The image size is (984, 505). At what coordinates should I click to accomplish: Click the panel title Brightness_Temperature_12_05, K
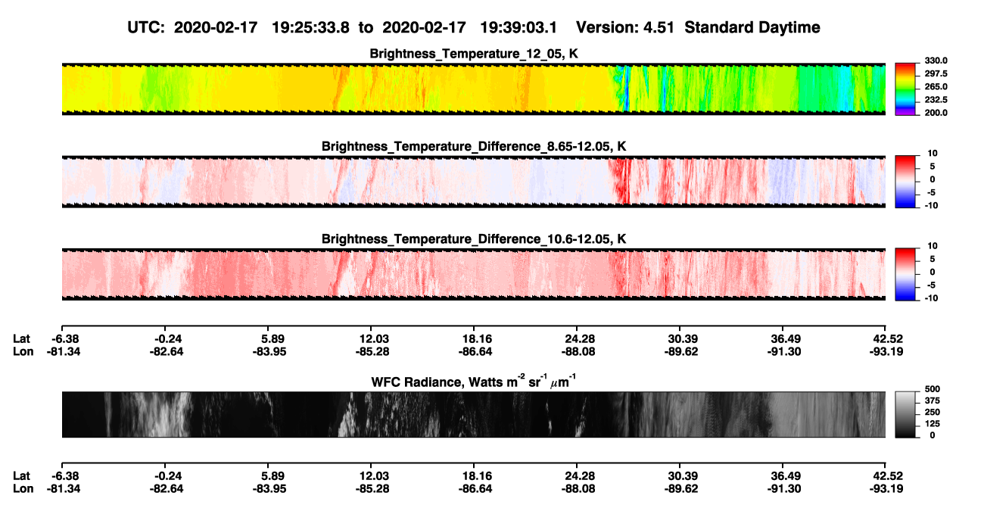(474, 54)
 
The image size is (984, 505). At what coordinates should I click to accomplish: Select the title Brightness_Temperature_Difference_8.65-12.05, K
(474, 146)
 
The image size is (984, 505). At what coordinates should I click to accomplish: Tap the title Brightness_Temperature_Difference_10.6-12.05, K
(474, 239)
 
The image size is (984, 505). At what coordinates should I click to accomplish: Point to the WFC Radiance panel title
(474, 381)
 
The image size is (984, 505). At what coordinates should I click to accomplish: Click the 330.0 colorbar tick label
(936, 61)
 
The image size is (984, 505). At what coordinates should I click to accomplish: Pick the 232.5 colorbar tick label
(936, 100)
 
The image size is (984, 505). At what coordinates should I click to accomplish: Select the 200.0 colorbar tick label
(936, 113)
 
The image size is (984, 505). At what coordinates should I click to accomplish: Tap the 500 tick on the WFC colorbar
(933, 389)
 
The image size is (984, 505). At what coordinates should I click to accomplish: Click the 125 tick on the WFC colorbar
(933, 424)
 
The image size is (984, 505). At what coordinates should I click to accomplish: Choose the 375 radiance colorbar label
(933, 401)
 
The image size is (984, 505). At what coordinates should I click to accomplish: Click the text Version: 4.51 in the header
(624, 27)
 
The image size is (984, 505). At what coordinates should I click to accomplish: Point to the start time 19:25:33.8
(310, 27)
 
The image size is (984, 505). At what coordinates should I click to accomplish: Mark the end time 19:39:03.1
(518, 27)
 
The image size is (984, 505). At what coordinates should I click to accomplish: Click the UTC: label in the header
(146, 27)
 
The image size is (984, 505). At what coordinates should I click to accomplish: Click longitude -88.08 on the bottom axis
(578, 489)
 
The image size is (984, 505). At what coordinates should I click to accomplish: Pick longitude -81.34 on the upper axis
(64, 351)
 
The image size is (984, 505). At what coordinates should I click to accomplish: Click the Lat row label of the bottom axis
(21, 476)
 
